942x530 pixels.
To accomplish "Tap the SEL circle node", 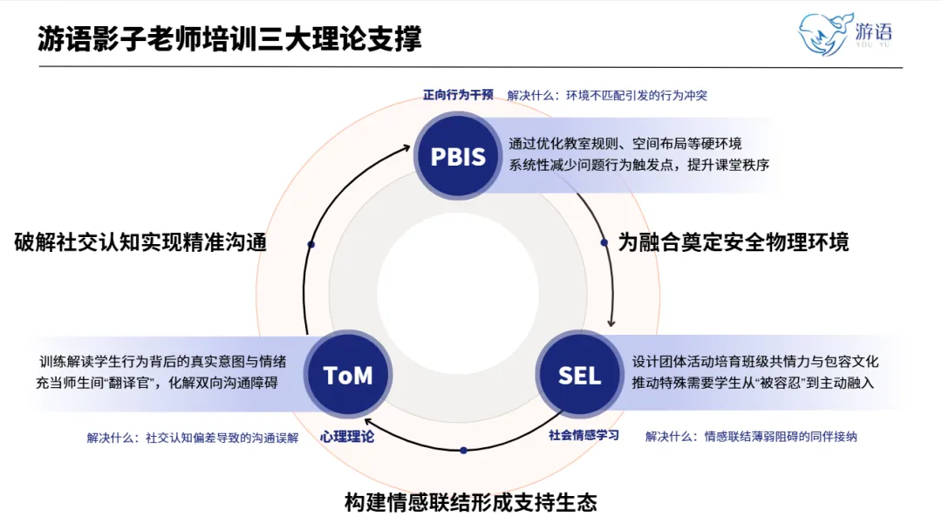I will (579, 375).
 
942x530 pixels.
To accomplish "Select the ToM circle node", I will (348, 375).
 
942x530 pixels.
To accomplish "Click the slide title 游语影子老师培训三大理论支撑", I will (229, 39).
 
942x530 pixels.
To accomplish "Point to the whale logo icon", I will (823, 33).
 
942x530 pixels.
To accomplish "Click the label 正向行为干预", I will (458, 95).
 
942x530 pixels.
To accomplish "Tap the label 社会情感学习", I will (584, 434).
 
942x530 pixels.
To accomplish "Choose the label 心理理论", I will (346, 437).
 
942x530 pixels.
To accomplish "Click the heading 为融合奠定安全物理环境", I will (734, 242).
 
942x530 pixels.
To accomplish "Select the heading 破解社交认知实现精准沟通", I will (140, 242).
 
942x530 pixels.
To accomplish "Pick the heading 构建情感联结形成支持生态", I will (471, 502).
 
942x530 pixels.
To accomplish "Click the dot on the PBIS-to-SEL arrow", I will (604, 243).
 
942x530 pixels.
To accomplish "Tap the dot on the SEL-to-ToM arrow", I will (463, 450).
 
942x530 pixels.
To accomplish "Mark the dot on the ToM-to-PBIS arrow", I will (311, 244).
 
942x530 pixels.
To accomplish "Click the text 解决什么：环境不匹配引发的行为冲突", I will (606, 96).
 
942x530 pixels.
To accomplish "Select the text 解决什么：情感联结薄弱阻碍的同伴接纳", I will (751, 436).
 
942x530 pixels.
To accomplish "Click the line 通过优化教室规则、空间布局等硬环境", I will (625, 145).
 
